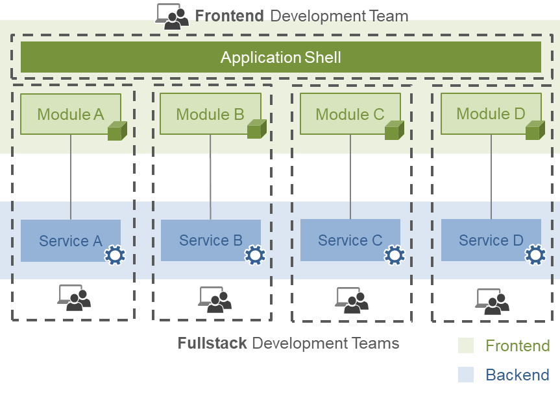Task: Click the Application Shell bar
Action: click(281, 57)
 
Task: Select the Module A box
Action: click(71, 114)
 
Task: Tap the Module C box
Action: click(350, 114)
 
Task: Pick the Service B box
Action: click(211, 240)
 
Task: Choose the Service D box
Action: click(491, 240)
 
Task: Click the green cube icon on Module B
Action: click(257, 129)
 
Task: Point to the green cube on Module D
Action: click(535, 130)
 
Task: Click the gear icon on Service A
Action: click(115, 255)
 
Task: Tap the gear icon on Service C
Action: click(395, 255)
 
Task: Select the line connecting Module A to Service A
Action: click(71, 177)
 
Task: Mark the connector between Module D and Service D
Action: click(491, 177)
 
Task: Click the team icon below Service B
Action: click(215, 299)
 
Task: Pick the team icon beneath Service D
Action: click(492, 301)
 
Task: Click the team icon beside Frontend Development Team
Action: click(172, 16)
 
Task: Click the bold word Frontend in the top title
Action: click(229, 16)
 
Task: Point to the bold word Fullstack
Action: click(212, 343)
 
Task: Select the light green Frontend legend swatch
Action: click(466, 345)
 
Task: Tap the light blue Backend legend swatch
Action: click(466, 375)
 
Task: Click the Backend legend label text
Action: click(518, 375)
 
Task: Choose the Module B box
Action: click(210, 114)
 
